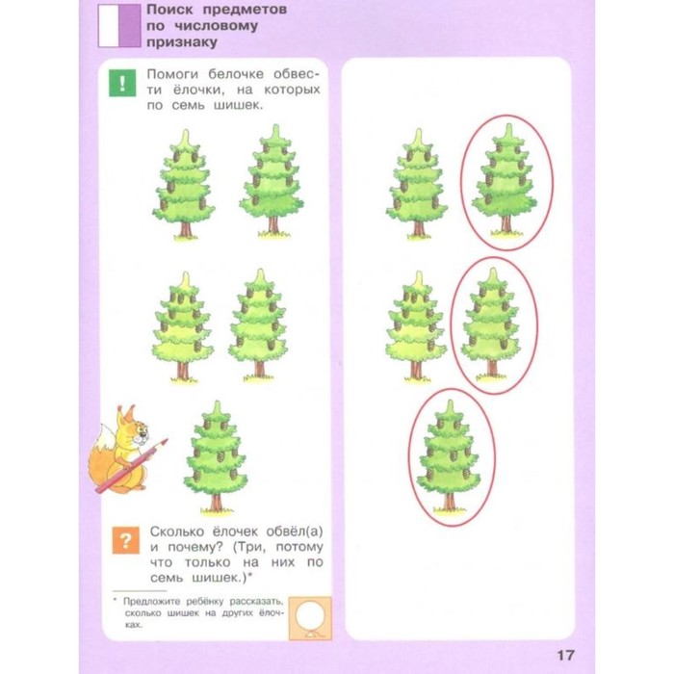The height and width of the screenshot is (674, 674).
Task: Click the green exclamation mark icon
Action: pyautogui.click(x=122, y=83)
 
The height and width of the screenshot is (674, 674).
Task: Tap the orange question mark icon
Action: pyautogui.click(x=125, y=540)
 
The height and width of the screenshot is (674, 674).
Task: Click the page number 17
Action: pyautogui.click(x=566, y=655)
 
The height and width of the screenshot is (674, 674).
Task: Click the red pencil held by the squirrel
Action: pyautogui.click(x=132, y=465)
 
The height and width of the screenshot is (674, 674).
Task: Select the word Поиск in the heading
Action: pyautogui.click(x=170, y=10)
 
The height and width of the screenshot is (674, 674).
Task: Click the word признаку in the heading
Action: pyautogui.click(x=182, y=42)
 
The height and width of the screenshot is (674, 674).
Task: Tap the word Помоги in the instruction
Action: pyautogui.click(x=172, y=74)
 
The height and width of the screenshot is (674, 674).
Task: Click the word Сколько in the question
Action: pyautogui.click(x=177, y=531)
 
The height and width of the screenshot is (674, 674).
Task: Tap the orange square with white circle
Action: pyautogui.click(x=310, y=618)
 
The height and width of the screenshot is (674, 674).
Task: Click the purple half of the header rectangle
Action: pyautogui.click(x=129, y=25)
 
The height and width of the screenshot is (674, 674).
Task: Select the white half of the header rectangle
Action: pyautogui.click(x=108, y=25)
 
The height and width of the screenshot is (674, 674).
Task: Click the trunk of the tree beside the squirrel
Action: pyautogui.click(x=216, y=502)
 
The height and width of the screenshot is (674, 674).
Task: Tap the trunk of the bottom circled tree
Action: pyautogui.click(x=449, y=502)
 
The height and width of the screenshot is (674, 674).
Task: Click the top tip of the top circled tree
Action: pyautogui.click(x=509, y=124)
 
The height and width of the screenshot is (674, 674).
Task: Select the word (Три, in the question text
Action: pyautogui.click(x=249, y=547)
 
